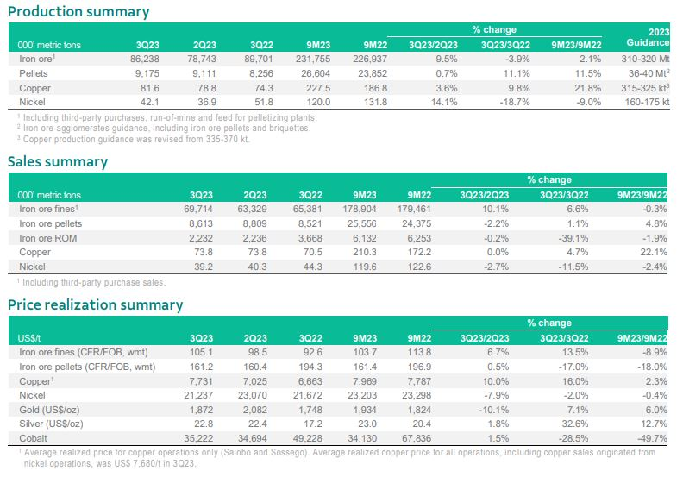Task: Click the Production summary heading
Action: tap(78, 12)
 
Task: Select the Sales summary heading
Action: tap(58, 161)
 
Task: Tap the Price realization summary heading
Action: tap(96, 304)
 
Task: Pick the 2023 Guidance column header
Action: tap(649, 37)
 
